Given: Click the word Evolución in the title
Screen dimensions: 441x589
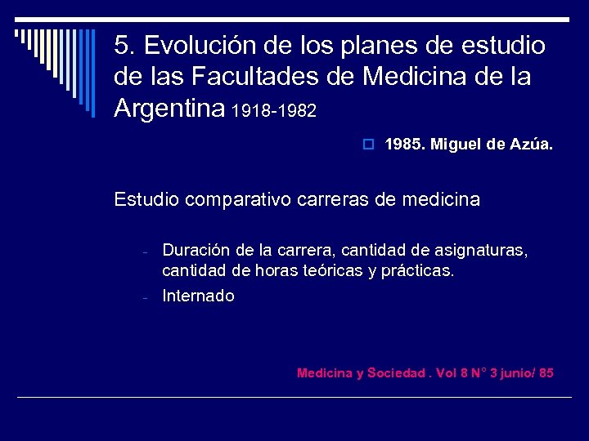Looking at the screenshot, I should pyautogui.click(x=191, y=45).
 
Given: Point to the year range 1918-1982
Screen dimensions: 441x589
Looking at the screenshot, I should pyautogui.click(x=274, y=110).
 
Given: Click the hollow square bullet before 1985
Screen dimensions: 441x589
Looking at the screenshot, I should pyautogui.click(x=369, y=145).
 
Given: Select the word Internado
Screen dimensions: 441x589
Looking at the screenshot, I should pyautogui.click(x=198, y=296).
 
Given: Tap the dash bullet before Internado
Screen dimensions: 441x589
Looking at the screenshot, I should pyautogui.click(x=142, y=297).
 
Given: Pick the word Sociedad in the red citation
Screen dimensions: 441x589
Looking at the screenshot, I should pyautogui.click(x=396, y=373).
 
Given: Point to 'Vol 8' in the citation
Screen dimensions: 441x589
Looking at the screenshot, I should pyautogui.click(x=452, y=373).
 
